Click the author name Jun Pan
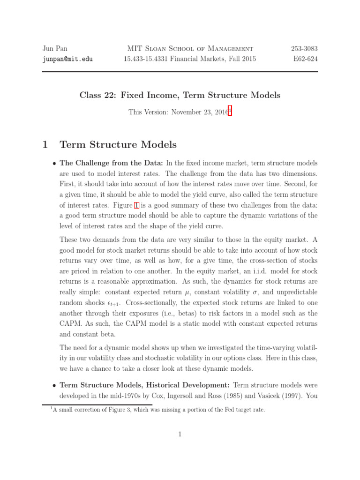pyautogui.click(x=55, y=49)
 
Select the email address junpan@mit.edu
pyautogui.click(x=67, y=60)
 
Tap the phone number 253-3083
pyautogui.click(x=304, y=49)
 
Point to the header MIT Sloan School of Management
pyautogui.click(x=190, y=49)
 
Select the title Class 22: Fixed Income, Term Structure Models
pyautogui.click(x=180, y=95)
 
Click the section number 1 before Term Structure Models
pyautogui.click(x=45, y=145)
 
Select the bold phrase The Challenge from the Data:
pyautogui.click(x=111, y=163)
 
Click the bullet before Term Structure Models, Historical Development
pyautogui.click(x=54, y=385)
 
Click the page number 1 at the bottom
pyautogui.click(x=180, y=435)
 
